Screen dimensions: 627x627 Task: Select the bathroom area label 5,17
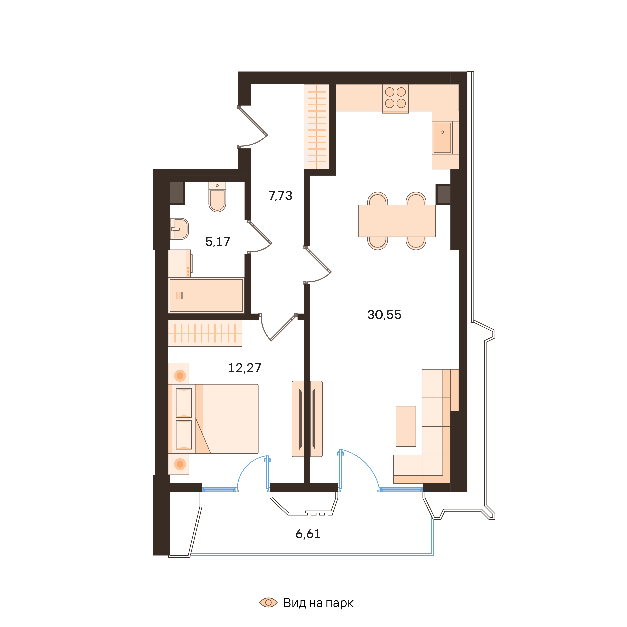coord(217,242)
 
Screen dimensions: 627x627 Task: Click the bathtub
coord(206,295)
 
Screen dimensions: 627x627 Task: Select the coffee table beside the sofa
coord(406,426)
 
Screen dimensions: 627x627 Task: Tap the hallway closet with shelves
coord(316,126)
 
